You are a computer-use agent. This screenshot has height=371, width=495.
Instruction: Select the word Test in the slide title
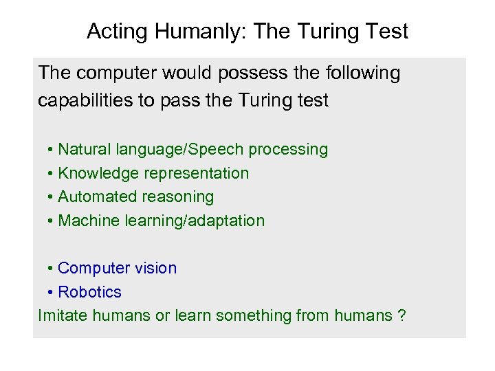(x=387, y=32)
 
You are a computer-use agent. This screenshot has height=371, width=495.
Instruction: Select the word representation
(x=197, y=173)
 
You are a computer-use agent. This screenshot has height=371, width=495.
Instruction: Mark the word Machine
(x=87, y=221)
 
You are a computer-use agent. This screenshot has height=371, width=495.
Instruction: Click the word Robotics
(x=89, y=292)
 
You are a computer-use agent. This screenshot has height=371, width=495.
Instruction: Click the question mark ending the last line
(x=401, y=315)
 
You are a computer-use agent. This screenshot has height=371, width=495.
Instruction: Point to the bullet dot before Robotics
(x=52, y=293)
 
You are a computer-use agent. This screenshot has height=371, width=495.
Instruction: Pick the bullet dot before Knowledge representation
(x=52, y=174)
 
